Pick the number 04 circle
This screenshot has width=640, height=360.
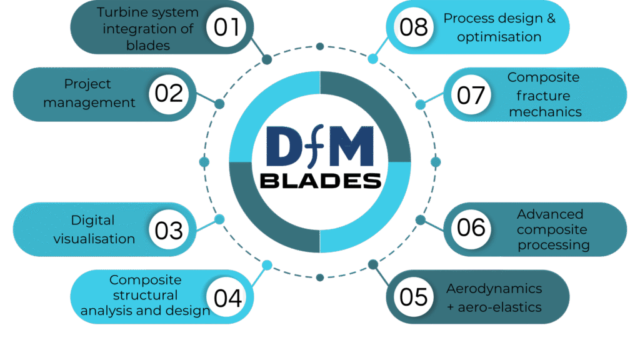point(227,297)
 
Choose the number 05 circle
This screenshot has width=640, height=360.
point(413,297)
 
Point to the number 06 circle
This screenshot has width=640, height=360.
point(471,227)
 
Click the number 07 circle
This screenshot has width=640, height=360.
point(471,95)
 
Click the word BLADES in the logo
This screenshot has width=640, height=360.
point(320,181)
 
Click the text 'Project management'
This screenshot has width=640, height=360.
point(89,93)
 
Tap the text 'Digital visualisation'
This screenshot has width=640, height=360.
point(94,229)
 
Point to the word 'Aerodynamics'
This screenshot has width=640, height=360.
point(494,289)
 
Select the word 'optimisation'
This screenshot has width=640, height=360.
point(499,37)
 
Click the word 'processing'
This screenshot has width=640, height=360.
point(554,245)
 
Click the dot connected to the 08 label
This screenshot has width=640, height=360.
point(373,59)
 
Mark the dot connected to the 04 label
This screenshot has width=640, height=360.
point(267,265)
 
